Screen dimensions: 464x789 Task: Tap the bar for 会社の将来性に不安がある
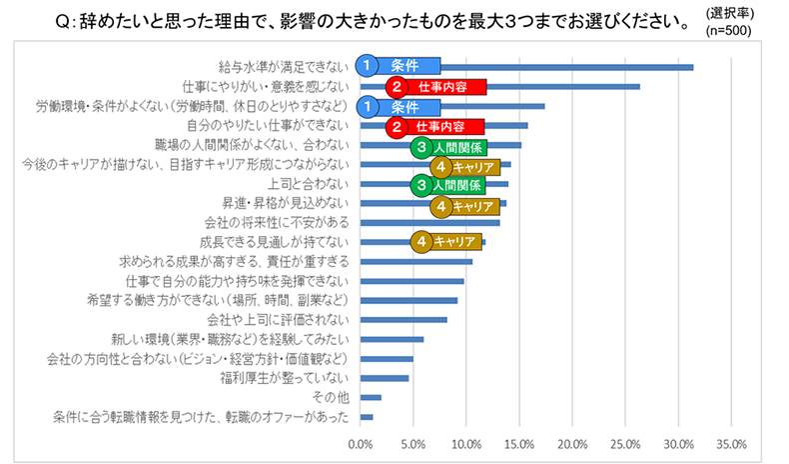pos(429,222)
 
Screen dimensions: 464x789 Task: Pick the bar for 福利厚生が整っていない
pos(384,378)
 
